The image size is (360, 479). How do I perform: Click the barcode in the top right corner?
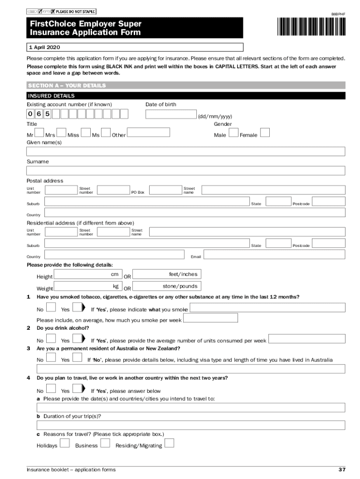311,26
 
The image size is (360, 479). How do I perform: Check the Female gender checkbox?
265,133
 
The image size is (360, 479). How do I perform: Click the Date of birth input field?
171,115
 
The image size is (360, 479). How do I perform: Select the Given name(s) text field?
186,152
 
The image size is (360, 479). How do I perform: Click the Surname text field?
186,171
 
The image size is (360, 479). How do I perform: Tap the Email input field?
274,254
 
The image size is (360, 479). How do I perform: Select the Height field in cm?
88,275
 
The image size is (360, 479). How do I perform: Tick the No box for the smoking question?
51,308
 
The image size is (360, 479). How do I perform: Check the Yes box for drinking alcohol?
77,339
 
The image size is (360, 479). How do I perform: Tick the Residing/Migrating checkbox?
170,443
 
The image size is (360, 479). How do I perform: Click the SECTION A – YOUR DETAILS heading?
67,86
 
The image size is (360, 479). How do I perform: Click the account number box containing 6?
39,114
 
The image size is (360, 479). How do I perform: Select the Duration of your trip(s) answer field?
191,425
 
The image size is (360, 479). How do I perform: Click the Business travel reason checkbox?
106,443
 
